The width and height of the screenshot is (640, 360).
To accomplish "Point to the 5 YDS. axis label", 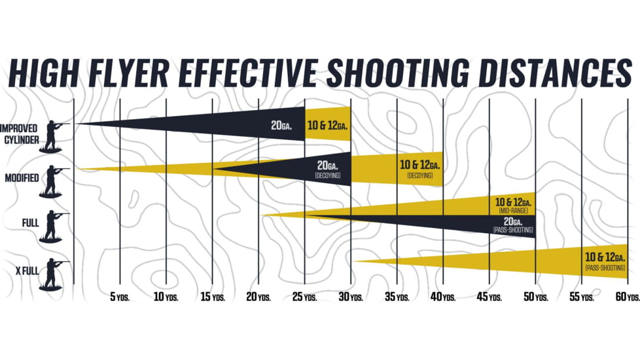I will click(120, 297).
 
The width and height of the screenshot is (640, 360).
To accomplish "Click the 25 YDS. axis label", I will click(305, 297).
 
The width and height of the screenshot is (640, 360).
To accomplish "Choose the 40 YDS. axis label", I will click(443, 297).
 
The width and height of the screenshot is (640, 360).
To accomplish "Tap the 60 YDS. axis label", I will click(628, 297).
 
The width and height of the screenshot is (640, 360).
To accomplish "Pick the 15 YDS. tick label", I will click(212, 297).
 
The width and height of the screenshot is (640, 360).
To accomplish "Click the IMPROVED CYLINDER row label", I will click(19, 134).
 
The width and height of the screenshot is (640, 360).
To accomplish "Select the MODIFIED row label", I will click(21, 178).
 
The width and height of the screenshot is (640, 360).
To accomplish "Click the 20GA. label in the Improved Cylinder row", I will click(281, 125).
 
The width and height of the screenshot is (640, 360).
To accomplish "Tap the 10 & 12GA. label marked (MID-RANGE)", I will click(513, 204).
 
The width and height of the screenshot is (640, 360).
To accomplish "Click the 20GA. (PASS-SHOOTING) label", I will click(513, 225).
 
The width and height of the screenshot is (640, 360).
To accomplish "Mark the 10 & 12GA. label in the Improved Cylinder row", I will click(327, 125).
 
